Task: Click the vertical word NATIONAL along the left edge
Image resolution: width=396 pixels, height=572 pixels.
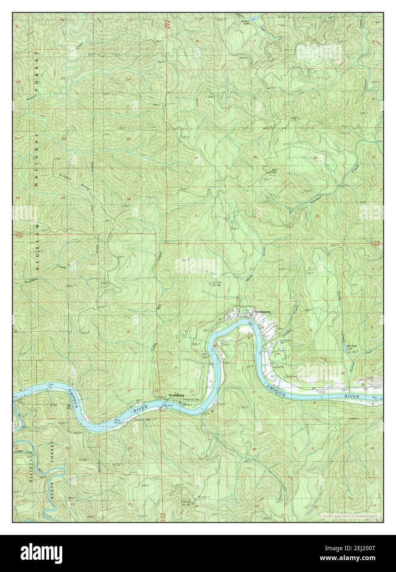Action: (x=36, y=161)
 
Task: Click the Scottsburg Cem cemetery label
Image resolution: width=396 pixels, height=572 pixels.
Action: (x=274, y=342)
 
